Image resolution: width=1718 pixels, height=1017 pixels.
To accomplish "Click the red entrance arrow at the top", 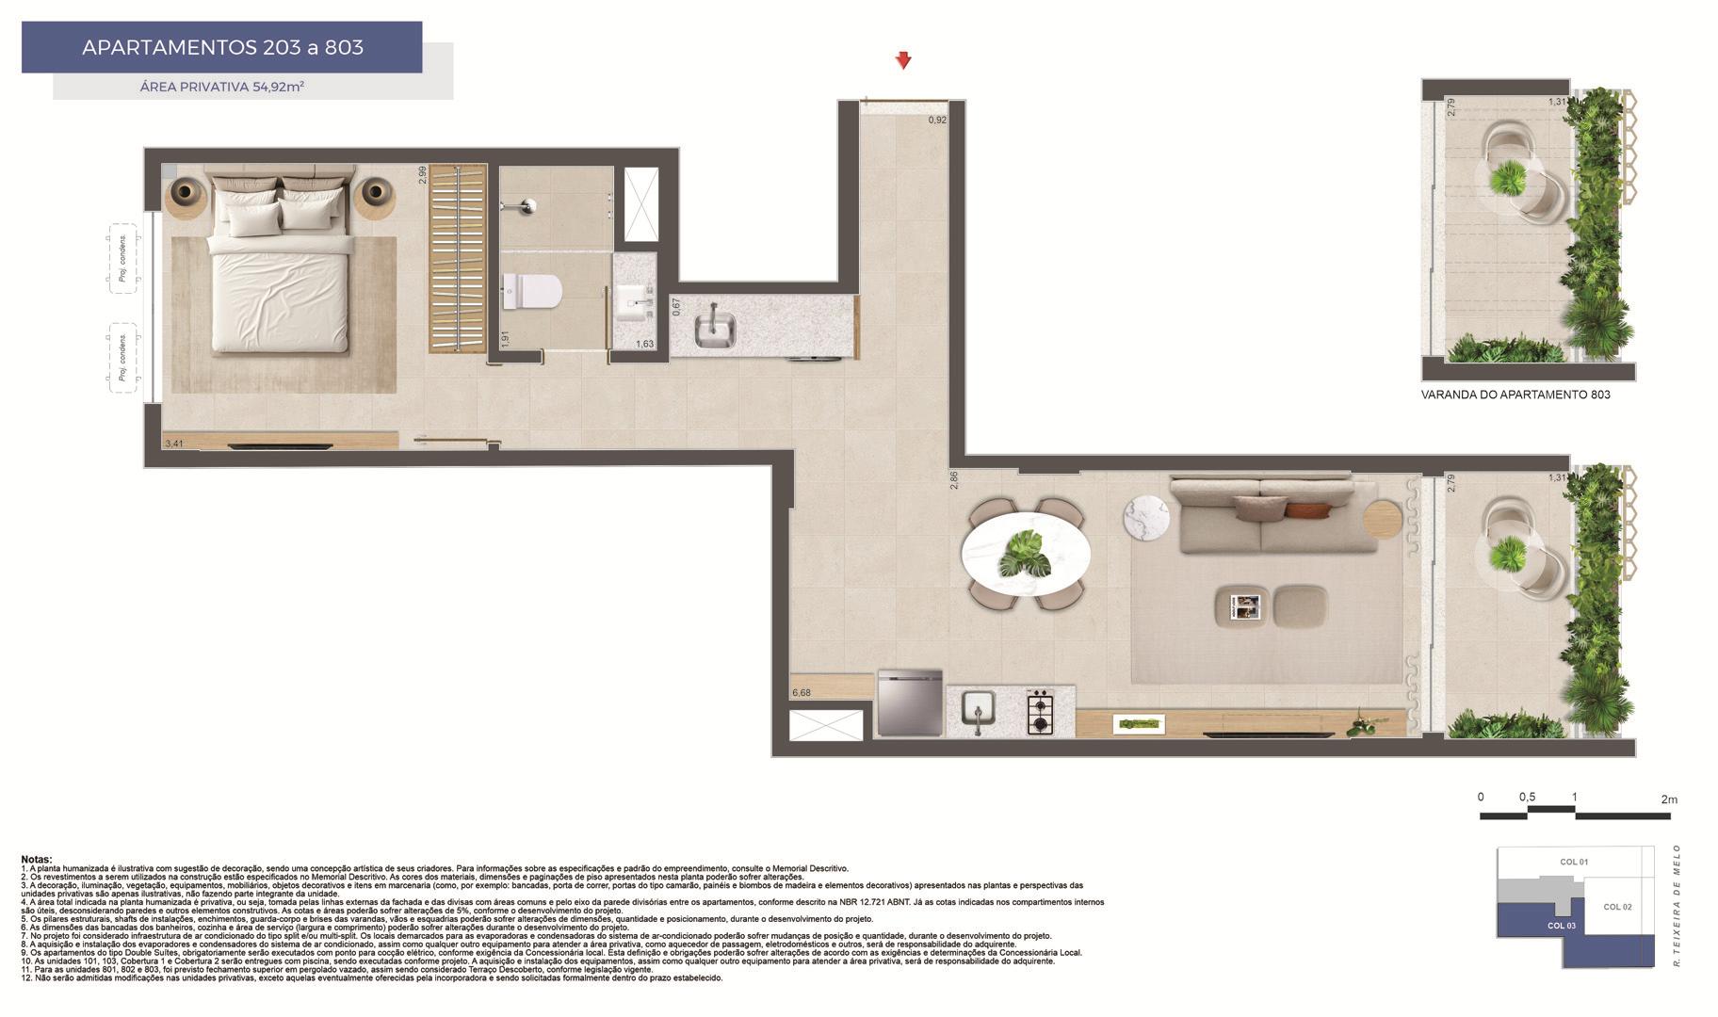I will [x=902, y=61].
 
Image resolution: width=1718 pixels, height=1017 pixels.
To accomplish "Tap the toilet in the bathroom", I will [x=531, y=291].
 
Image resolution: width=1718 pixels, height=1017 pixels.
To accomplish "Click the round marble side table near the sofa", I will [x=1146, y=518].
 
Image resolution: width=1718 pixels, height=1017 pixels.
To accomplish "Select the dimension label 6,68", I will [x=802, y=692].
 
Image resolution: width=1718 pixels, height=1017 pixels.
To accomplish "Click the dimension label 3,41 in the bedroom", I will [x=174, y=443].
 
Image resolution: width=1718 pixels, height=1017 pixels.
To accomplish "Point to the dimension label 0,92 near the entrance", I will [x=936, y=121].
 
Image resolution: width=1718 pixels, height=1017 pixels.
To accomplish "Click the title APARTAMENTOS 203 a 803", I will [x=222, y=47].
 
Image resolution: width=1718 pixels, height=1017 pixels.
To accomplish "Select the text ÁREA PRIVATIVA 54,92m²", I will [x=221, y=87].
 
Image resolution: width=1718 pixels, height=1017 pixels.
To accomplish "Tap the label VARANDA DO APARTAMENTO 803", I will [x=1515, y=395].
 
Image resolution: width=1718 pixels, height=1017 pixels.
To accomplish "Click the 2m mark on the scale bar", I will [x=1668, y=799].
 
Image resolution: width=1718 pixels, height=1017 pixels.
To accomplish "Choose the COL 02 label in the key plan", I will [x=1616, y=907].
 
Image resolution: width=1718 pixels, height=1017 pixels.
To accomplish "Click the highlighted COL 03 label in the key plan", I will [x=1561, y=926].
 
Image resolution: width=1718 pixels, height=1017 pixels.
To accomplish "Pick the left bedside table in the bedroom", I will [x=186, y=194].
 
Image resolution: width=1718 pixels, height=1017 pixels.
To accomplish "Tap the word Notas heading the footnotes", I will [x=37, y=860].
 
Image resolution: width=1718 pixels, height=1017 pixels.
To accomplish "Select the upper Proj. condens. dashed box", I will [x=123, y=259].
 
